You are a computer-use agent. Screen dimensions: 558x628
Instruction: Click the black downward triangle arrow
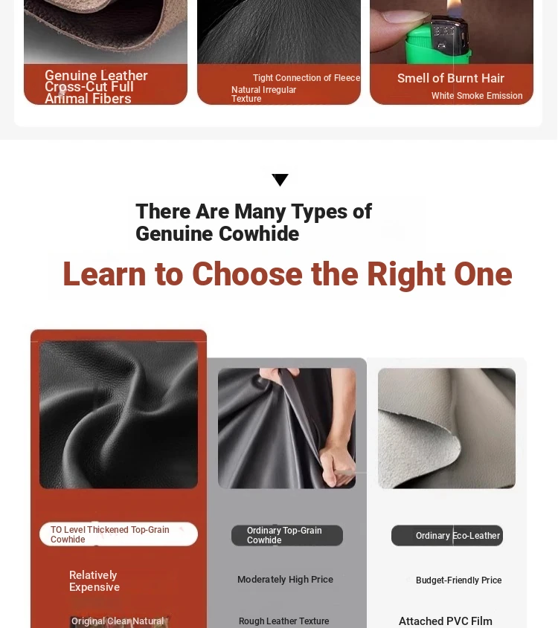click(280, 179)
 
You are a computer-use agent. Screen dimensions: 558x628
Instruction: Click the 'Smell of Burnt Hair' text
click(451, 78)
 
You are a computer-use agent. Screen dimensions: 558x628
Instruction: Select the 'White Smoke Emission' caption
click(477, 96)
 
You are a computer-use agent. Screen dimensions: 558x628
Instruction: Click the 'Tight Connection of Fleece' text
click(307, 78)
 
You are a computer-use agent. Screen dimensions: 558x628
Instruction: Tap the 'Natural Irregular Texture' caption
click(263, 94)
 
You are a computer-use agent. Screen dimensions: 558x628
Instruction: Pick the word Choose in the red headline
click(247, 274)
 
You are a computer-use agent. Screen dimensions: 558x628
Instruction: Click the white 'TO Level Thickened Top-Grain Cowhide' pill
click(118, 534)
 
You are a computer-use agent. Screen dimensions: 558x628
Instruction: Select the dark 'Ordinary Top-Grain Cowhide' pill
click(287, 536)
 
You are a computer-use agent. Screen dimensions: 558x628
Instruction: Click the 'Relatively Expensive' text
click(94, 581)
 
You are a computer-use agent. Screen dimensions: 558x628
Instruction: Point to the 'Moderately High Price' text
click(285, 580)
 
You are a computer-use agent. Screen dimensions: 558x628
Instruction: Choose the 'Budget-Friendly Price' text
click(458, 580)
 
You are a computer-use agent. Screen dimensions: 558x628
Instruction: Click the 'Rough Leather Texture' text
click(283, 621)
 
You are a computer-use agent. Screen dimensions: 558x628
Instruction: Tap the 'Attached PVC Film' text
click(446, 621)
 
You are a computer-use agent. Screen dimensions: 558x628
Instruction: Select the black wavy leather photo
click(118, 415)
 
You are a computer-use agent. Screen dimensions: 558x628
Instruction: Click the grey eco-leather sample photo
click(446, 428)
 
